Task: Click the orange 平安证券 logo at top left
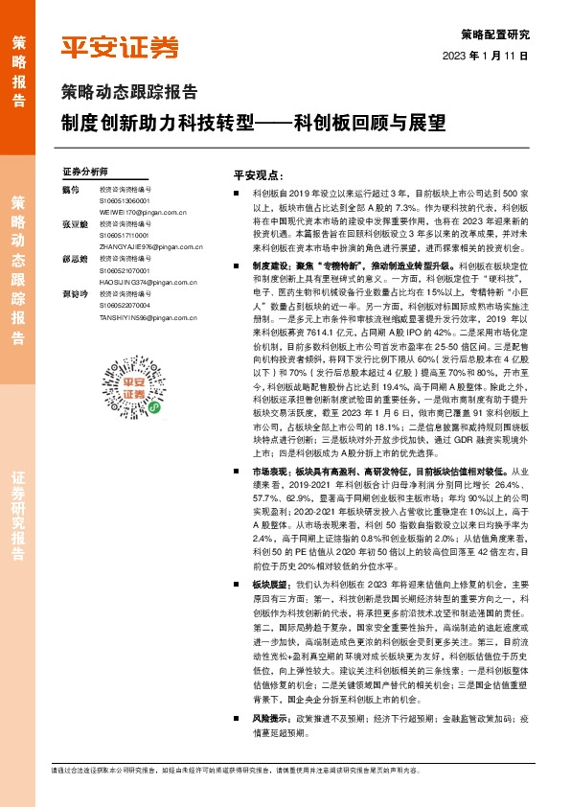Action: click(120, 47)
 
